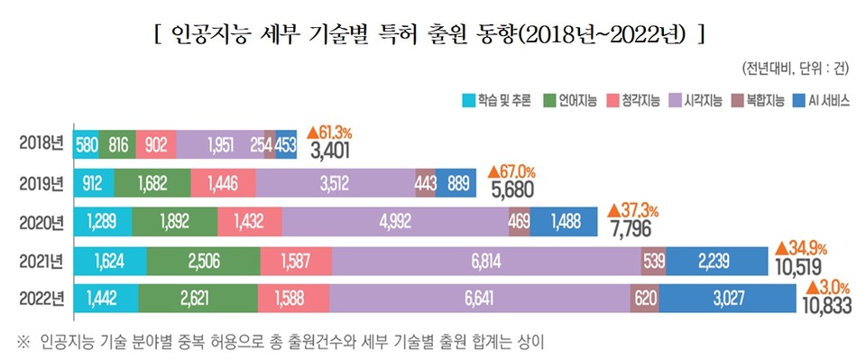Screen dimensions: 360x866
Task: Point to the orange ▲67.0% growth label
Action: [x=511, y=170]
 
